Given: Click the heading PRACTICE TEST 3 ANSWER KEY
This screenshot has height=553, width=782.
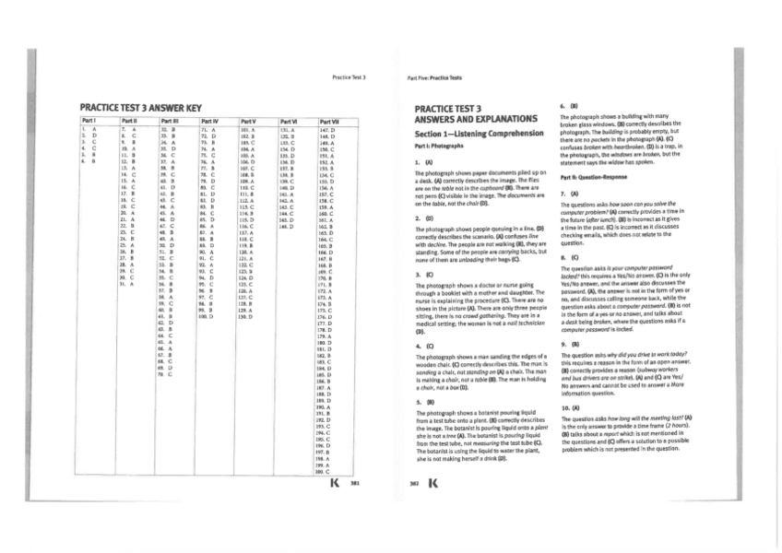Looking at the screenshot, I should point(141,109).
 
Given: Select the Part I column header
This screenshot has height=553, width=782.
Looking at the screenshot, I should point(90,121).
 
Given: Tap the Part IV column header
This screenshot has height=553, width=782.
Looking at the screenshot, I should point(208,121).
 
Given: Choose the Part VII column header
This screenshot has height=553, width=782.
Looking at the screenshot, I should point(330,121).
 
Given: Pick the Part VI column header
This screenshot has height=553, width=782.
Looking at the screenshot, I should point(290,121).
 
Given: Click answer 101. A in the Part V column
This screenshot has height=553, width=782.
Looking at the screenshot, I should point(246,130).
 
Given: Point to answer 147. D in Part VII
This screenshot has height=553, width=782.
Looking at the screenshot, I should point(326,130).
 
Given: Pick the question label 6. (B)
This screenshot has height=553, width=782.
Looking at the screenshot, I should point(567,105).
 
